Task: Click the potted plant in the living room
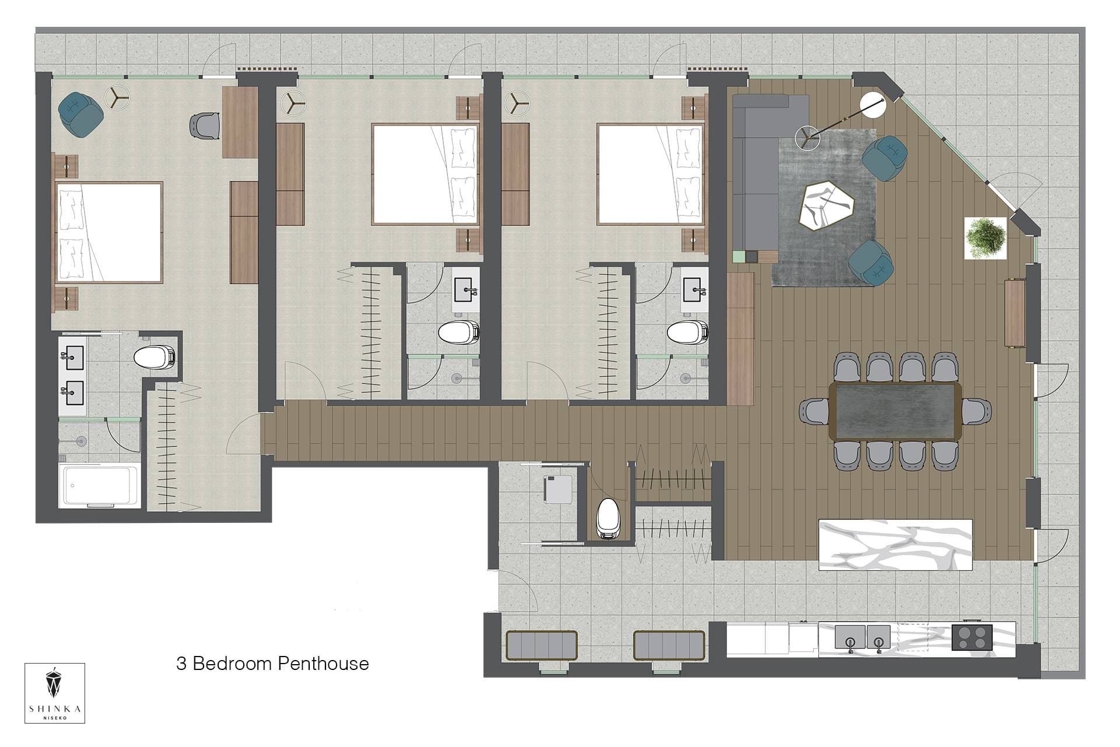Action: [985, 238]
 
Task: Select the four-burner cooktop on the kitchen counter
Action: [972, 637]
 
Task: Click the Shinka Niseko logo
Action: [55, 693]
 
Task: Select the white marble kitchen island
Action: [896, 544]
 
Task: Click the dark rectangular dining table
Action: [896, 411]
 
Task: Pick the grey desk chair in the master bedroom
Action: [204, 125]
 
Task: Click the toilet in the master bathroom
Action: [154, 357]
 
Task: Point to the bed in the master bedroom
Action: [109, 232]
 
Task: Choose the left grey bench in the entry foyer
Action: [542, 645]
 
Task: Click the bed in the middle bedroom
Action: [425, 174]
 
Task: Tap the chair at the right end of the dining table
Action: [976, 411]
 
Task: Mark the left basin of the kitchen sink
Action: [849, 637]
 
